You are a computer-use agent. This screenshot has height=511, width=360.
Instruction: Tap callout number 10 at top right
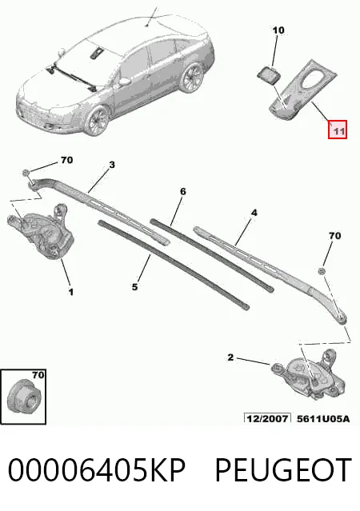coord(278,30)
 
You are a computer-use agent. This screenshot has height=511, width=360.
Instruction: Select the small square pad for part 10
coord(267,74)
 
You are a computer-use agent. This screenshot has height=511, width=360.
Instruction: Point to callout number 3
coord(112,165)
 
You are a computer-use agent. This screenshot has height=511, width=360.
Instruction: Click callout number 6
coord(183,191)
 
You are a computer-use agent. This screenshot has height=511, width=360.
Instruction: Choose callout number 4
coord(254,213)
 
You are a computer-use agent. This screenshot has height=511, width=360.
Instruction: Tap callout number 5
coord(134,287)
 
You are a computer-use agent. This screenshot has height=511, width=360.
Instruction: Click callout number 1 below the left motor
coord(70,292)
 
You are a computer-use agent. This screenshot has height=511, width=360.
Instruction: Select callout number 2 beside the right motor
coord(230,357)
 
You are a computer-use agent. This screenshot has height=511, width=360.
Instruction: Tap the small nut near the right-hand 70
coord(322,270)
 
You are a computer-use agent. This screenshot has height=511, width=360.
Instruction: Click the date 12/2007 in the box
coord(267,418)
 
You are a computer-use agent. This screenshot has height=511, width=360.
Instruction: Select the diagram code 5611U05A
coord(323,418)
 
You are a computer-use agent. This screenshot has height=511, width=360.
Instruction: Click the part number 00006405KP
coord(97,470)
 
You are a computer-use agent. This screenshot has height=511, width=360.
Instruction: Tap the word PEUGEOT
coord(283,470)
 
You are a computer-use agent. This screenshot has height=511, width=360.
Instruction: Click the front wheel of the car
coord(98,122)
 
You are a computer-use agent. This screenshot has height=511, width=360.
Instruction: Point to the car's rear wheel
coord(192,78)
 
